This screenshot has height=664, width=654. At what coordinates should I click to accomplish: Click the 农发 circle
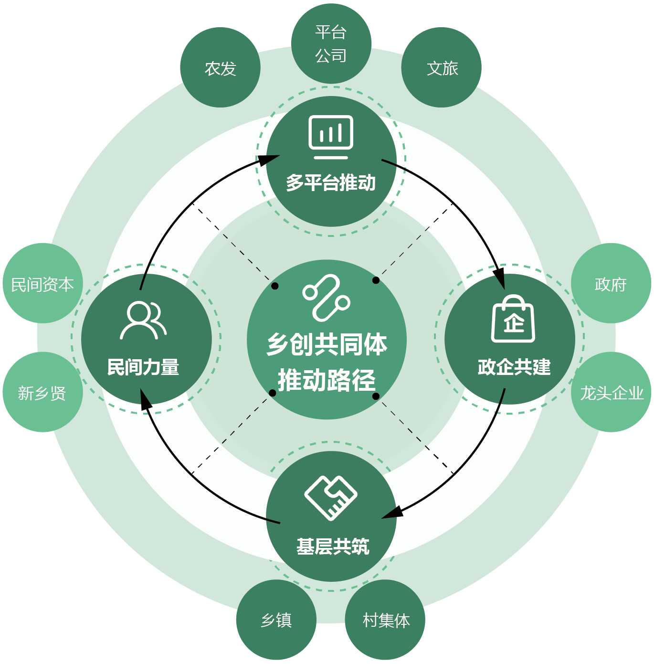(x=220, y=68)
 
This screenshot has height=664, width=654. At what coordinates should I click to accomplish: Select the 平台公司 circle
(x=331, y=44)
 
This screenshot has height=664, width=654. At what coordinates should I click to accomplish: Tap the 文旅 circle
(x=442, y=68)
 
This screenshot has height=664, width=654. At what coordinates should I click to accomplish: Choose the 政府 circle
(x=611, y=284)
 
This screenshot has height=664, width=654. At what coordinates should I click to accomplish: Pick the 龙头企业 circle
(x=611, y=392)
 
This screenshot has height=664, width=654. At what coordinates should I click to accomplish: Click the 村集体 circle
(x=385, y=620)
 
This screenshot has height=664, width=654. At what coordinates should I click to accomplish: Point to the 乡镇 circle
(x=276, y=620)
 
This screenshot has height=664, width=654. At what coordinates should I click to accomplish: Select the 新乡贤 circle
(x=42, y=392)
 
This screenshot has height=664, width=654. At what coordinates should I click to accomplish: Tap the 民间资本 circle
(x=42, y=284)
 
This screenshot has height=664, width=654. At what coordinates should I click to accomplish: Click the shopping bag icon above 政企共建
(x=513, y=319)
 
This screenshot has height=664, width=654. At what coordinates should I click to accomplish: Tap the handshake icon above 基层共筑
(x=331, y=497)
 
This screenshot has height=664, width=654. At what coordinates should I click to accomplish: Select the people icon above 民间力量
(x=143, y=320)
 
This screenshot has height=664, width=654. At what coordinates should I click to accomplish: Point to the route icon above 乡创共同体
(x=327, y=297)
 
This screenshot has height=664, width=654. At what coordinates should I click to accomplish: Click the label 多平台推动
(x=331, y=182)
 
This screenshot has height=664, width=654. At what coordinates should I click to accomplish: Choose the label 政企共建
(x=514, y=367)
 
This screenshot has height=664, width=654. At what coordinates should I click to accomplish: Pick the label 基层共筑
(x=333, y=546)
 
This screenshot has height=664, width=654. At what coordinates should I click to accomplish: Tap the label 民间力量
(x=143, y=367)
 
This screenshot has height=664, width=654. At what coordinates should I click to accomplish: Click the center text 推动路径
(x=327, y=380)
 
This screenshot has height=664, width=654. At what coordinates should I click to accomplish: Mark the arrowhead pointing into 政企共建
(x=499, y=279)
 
